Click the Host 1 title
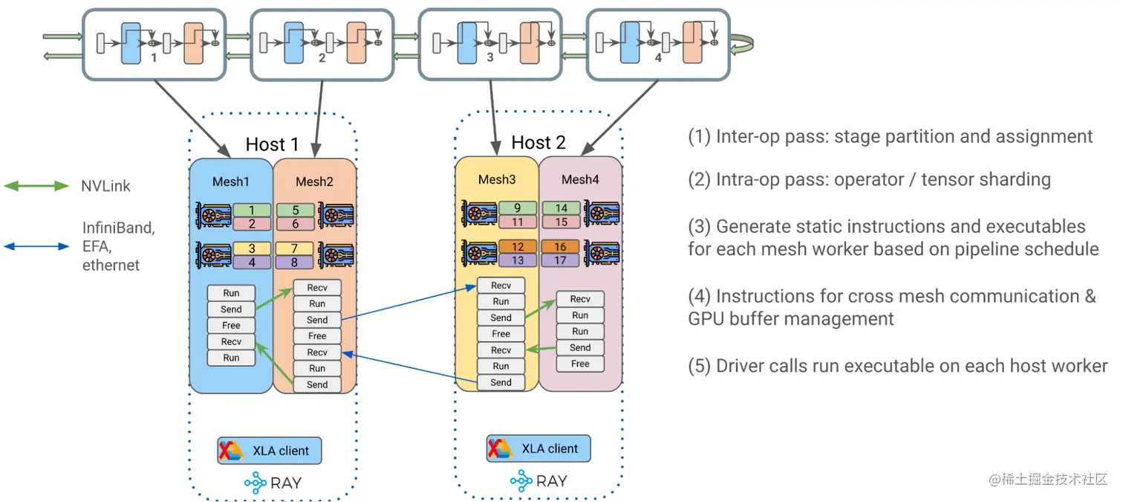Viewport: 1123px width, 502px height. coord(272,144)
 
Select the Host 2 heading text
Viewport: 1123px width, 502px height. coord(538,142)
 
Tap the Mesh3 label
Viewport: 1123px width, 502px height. coord(496,179)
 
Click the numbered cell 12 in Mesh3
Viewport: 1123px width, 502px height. coord(518,246)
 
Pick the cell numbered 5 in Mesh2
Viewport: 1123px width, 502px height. coord(295,210)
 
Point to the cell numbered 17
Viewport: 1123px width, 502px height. coord(561,260)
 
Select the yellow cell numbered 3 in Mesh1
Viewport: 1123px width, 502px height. coord(252,248)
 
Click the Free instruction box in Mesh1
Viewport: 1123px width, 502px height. coord(231,325)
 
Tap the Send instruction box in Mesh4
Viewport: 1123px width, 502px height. coord(580,347)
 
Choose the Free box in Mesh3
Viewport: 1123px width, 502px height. coord(501,334)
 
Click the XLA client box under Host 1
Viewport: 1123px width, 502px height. coord(270,451)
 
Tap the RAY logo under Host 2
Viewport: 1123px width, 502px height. coord(540,481)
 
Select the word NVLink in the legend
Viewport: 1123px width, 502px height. coord(105,186)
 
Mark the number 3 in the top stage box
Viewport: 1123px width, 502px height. coord(489,57)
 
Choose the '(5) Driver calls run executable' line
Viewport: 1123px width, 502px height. coord(897,366)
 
